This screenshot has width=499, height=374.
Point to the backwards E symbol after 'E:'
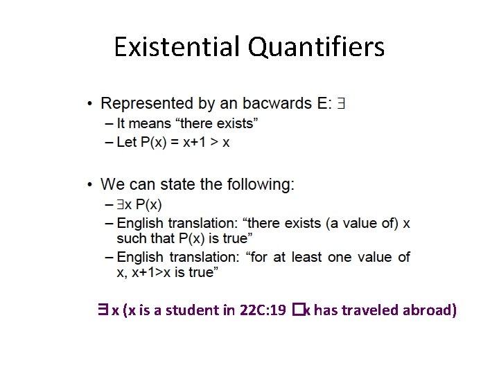coord(341,104)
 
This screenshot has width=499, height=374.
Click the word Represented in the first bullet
coord(148,104)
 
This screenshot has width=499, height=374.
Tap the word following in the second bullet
coord(262,184)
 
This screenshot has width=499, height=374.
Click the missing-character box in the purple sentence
coord(297,310)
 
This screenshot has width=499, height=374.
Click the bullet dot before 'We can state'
coord(90,185)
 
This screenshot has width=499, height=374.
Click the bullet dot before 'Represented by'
coord(90,105)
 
